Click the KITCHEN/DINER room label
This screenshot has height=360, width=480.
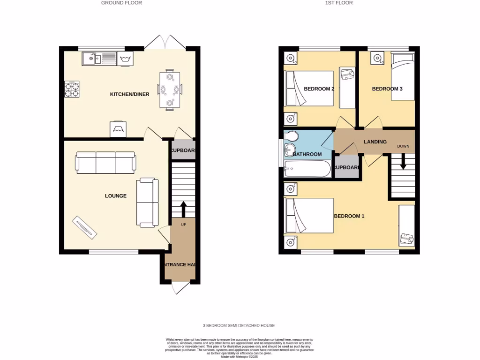pos(129,94)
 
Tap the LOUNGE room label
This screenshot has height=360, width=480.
pos(115,196)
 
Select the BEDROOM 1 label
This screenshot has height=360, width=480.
pos(349,216)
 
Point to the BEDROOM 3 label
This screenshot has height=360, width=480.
pos(387,89)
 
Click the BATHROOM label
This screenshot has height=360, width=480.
pos(307,154)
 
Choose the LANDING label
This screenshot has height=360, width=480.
pos(375,142)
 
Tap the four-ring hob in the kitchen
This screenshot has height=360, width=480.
pos(72,90)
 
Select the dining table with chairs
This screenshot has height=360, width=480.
pos(169,89)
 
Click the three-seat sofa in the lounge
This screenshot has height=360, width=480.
pos(105,162)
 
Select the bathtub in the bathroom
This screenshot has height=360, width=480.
pos(307,170)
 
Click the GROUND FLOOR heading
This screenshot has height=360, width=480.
pos(121,3)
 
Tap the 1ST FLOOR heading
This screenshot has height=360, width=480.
pos(338,3)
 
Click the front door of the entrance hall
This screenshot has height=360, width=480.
pos(180,287)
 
